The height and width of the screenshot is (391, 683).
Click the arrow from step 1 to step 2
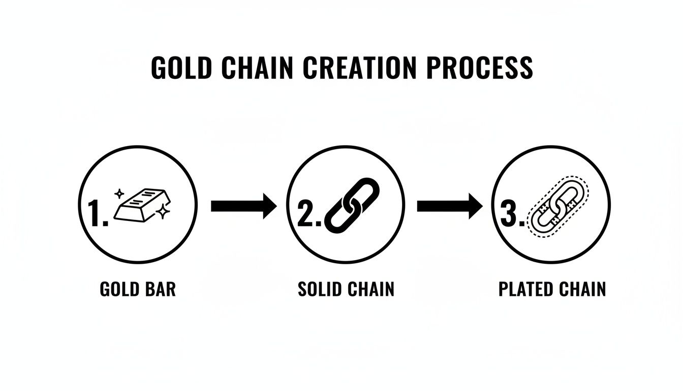tap(243, 206)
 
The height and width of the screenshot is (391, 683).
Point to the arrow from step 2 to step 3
tap(449, 206)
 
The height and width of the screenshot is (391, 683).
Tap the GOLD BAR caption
tap(138, 290)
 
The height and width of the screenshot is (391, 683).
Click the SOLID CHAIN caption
tap(346, 290)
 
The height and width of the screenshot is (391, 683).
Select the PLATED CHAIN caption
tap(552, 290)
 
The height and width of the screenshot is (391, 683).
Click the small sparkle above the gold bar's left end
tap(120, 193)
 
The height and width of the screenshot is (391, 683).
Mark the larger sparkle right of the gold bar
tap(163, 212)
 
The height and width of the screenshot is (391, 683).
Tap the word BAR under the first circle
tap(161, 290)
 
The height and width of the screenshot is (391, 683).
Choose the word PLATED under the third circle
tap(524, 290)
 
